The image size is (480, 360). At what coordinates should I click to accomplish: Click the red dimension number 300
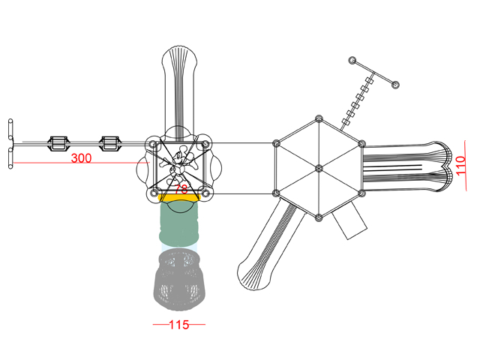pos(81,158)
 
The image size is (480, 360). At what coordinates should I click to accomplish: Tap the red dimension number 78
pos(181,189)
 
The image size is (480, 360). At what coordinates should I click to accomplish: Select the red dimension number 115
pos(179,325)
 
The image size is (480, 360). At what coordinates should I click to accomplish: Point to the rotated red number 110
pos(460,166)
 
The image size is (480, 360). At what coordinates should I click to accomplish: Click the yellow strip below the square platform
pos(179,197)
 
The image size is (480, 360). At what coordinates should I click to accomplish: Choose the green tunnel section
pos(179,223)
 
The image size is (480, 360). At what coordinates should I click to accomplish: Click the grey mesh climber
pos(179,279)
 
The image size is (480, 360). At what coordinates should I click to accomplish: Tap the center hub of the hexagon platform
pos(319,168)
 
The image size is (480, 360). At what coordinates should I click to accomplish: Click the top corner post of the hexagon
pos(319,118)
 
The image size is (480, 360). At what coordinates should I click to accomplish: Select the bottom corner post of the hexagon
pos(319,217)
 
